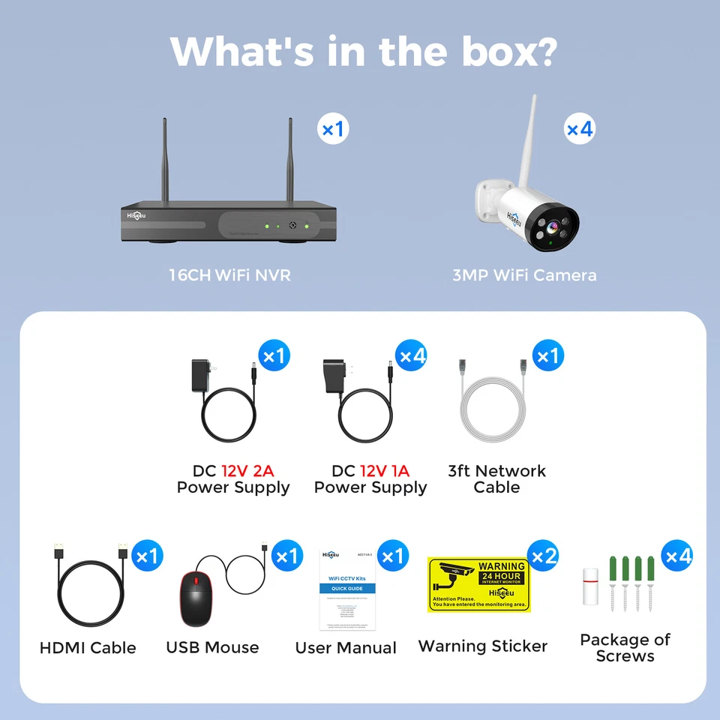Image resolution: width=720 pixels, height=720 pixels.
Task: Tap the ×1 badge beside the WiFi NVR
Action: coord(332,130)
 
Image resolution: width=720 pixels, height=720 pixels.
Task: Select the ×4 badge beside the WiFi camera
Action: coord(579,130)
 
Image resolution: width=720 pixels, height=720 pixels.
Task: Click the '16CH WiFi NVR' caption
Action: coord(229,275)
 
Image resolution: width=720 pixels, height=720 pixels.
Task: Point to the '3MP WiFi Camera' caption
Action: coord(524,275)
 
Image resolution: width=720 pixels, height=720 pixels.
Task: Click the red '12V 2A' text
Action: coord(247,471)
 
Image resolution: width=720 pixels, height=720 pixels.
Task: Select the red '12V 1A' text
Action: coord(385,471)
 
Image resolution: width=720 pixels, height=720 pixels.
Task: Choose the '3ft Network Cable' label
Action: coord(496,479)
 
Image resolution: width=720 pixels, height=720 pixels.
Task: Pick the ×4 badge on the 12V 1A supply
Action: coord(412,355)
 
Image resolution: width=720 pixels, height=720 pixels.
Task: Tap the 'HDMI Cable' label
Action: coord(88,648)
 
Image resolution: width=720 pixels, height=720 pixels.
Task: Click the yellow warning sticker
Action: coord(478,584)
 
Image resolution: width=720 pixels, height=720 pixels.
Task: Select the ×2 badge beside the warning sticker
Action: coord(543,556)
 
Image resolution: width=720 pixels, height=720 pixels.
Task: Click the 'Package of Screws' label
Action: coord(625,648)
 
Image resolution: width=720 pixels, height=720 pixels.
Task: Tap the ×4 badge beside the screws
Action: coord(677,556)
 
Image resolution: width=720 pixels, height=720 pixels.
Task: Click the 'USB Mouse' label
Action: coord(212,648)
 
